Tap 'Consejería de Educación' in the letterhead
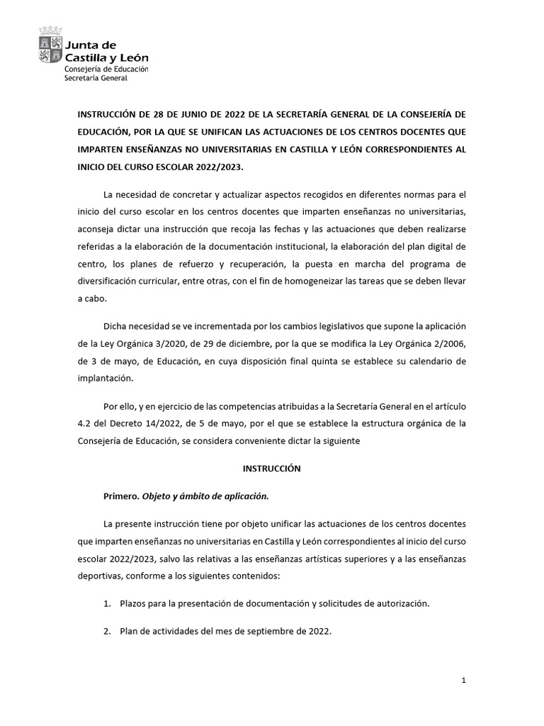(106, 69)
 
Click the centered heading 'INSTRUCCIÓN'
(272, 469)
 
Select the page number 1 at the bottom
(463, 680)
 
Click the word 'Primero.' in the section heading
(121, 496)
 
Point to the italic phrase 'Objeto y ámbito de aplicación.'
(205, 496)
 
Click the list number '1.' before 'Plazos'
(108, 603)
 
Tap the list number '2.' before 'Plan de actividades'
(108, 630)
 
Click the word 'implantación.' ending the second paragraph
(106, 379)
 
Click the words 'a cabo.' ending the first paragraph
(91, 298)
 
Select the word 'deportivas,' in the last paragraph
(99, 576)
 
